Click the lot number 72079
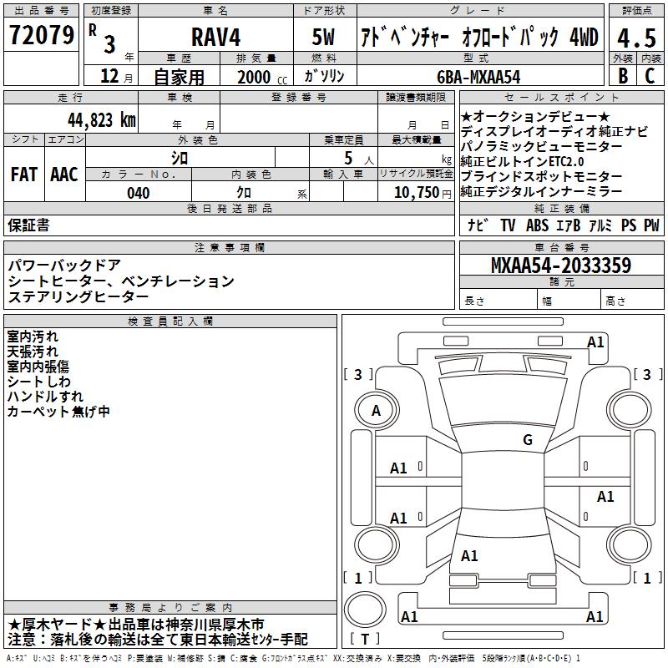(x=41, y=35)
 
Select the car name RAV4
(x=215, y=37)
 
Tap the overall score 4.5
(x=636, y=38)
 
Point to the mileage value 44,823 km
(x=102, y=120)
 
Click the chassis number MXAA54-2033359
(x=561, y=265)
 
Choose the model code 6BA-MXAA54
(x=478, y=77)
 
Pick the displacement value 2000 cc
(x=262, y=77)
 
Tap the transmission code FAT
(x=24, y=175)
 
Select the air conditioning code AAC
(x=64, y=175)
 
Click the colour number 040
(x=139, y=193)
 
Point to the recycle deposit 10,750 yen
(x=423, y=193)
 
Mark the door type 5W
(x=323, y=37)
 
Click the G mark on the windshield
(x=528, y=440)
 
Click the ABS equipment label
(x=537, y=225)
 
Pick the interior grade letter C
(x=650, y=76)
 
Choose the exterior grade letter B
(x=623, y=76)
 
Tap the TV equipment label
(x=508, y=225)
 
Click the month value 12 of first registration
(x=109, y=76)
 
